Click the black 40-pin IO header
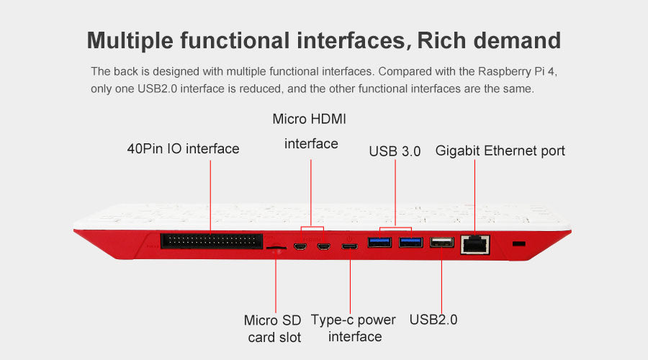click(x=211, y=241)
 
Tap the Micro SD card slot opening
click(x=276, y=248)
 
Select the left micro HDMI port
click(x=300, y=247)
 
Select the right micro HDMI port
click(x=323, y=247)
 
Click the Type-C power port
click(x=350, y=247)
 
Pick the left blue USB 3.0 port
click(x=379, y=242)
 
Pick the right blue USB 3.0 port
click(x=411, y=242)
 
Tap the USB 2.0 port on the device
click(x=442, y=242)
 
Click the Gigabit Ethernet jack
click(x=475, y=245)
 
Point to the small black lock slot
click(x=518, y=243)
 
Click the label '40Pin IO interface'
click(x=183, y=149)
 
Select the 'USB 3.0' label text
click(x=395, y=151)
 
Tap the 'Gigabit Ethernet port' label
click(x=500, y=151)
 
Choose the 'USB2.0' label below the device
click(x=433, y=320)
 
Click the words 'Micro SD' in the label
click(x=272, y=320)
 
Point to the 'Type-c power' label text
click(x=353, y=320)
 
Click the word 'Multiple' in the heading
click(x=130, y=40)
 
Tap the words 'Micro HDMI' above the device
click(x=309, y=119)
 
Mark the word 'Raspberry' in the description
click(x=504, y=72)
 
